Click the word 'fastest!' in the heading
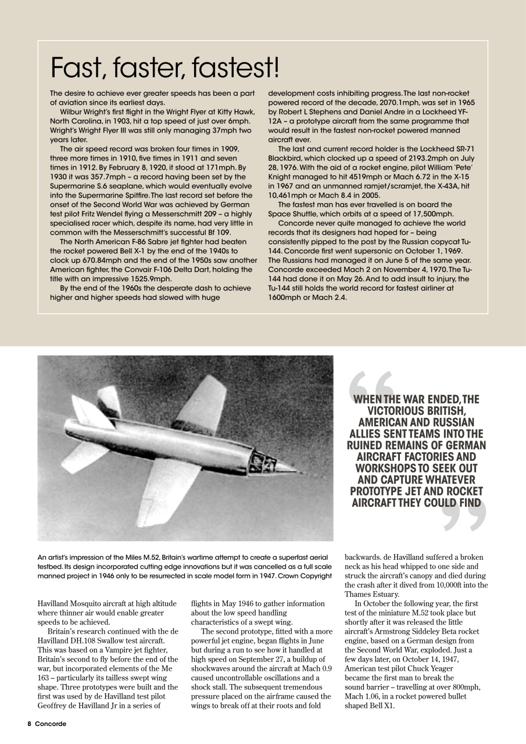pos(236,69)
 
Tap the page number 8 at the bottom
pos(28,724)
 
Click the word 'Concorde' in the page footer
pos(51,724)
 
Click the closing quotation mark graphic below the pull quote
pos(463,515)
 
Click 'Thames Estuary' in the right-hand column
pos(371,594)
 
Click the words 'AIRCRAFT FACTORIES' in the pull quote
pos(417,457)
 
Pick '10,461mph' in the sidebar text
pos(292,195)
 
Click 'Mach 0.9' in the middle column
pos(316,668)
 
